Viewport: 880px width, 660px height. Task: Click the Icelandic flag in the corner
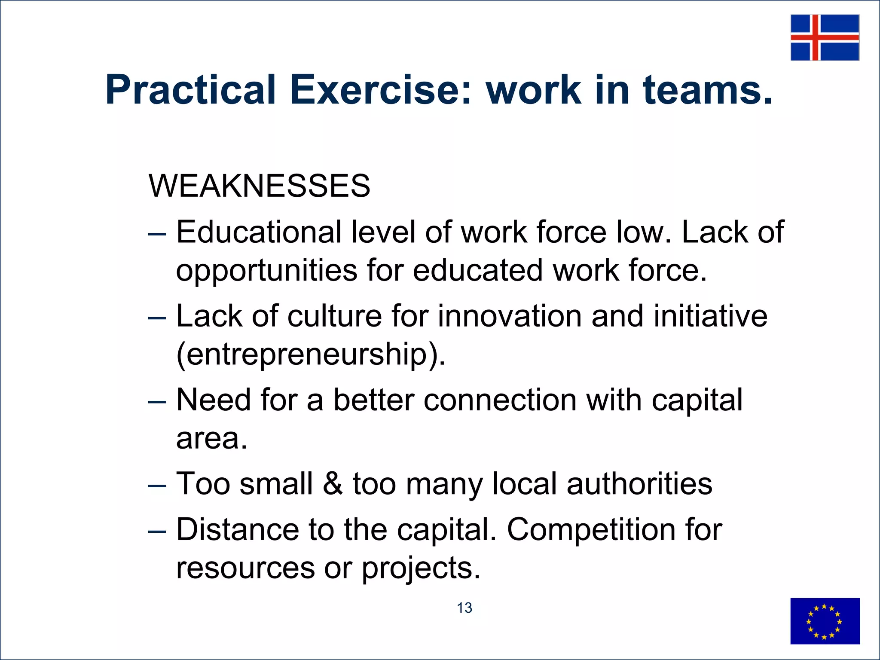coord(825,37)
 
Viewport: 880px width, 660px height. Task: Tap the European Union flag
coord(825,621)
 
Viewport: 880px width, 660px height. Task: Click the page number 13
coord(464,608)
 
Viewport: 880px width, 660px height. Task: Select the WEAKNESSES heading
coord(259,186)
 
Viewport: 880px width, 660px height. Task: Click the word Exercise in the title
coord(381,90)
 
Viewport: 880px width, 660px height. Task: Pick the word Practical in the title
coord(190,90)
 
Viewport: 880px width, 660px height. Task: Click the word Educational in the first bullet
coord(259,232)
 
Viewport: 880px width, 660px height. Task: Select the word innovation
coord(509,316)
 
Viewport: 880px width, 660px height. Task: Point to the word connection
coord(500,400)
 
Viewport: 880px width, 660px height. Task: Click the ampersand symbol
coord(332,484)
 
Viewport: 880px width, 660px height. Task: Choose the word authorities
coord(639,484)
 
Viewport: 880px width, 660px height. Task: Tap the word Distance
coord(238,529)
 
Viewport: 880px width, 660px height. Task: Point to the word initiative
coord(710,316)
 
